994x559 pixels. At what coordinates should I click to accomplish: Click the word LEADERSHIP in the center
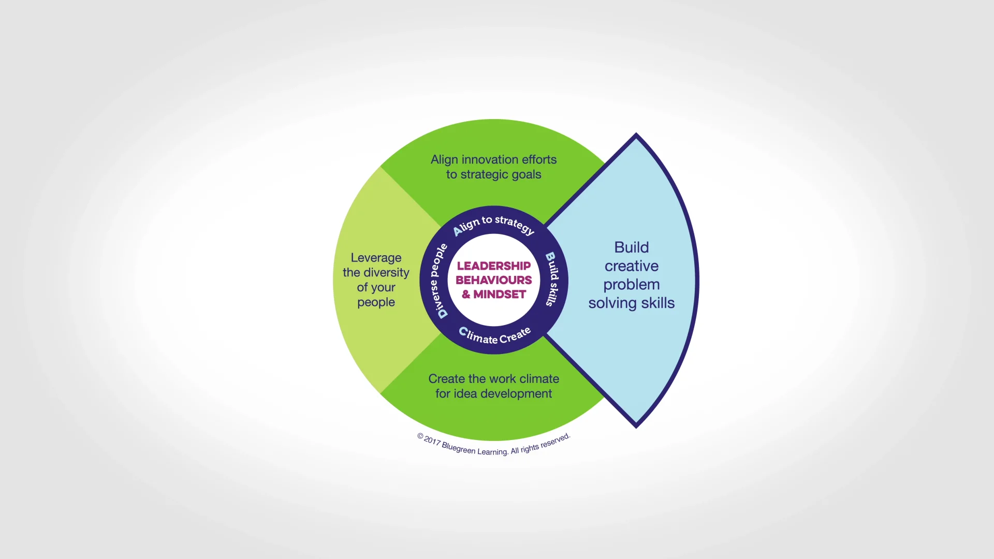(x=493, y=266)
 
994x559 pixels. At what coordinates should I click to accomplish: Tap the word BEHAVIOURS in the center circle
(x=493, y=280)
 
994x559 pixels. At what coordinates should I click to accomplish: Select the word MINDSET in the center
(x=500, y=295)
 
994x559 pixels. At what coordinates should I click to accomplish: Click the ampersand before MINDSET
(x=466, y=295)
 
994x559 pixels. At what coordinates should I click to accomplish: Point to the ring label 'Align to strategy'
(x=493, y=224)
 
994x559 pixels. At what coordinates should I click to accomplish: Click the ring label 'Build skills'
(x=552, y=279)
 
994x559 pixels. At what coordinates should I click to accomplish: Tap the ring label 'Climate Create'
(x=494, y=336)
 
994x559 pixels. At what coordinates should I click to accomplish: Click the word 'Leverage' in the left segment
(x=376, y=258)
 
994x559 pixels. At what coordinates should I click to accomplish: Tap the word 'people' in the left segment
(x=376, y=302)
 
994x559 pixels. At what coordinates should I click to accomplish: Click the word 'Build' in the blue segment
(x=631, y=247)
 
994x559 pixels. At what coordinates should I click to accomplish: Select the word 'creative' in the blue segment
(x=631, y=266)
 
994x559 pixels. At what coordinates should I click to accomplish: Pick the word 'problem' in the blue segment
(x=631, y=285)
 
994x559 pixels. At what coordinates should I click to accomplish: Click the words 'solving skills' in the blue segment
(x=631, y=303)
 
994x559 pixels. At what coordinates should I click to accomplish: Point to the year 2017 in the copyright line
(x=432, y=440)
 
